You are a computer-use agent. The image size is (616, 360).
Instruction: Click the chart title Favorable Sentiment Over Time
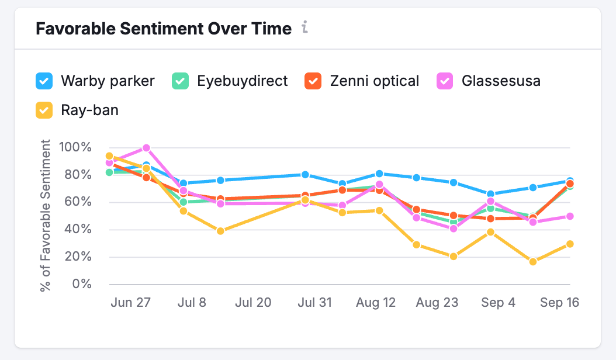[x=164, y=29]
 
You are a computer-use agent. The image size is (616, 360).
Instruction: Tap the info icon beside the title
[x=304, y=27]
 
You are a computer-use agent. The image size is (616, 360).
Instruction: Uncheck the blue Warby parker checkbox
[x=44, y=81]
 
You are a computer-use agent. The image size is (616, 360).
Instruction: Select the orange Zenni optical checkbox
[x=313, y=81]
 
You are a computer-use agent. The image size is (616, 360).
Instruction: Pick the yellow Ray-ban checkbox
[x=44, y=109]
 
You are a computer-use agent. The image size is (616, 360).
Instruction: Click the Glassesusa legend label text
[x=500, y=81]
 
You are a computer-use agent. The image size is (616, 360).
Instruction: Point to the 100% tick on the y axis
[x=75, y=147]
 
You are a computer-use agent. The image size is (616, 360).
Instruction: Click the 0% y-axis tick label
[x=82, y=284]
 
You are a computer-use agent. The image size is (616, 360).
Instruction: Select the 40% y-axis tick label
[x=78, y=230]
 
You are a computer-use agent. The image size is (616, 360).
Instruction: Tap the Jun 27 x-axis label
[x=131, y=303]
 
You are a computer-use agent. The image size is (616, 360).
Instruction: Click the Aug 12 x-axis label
[x=376, y=303]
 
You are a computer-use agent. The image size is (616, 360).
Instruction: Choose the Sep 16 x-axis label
[x=559, y=303]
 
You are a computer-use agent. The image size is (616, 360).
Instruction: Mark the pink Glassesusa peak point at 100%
[x=146, y=148]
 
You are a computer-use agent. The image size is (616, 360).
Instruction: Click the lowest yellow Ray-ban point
[x=532, y=261]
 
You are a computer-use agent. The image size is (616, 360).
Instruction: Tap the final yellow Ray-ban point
[x=569, y=244]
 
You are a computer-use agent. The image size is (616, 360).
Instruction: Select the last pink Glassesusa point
[x=569, y=216]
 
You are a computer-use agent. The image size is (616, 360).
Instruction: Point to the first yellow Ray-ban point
[x=109, y=156]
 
